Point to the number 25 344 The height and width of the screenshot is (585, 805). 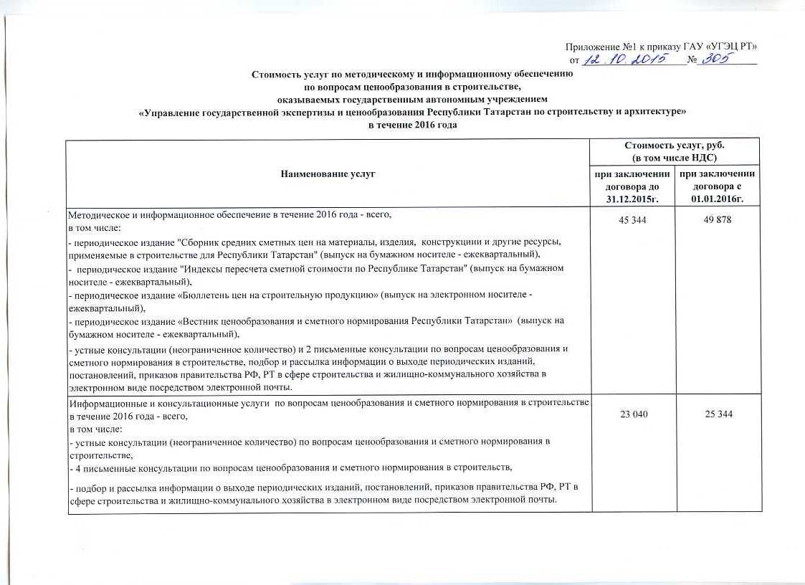(716, 414)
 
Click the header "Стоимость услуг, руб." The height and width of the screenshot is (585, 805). (674, 146)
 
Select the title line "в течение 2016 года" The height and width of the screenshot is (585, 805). (412, 125)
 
